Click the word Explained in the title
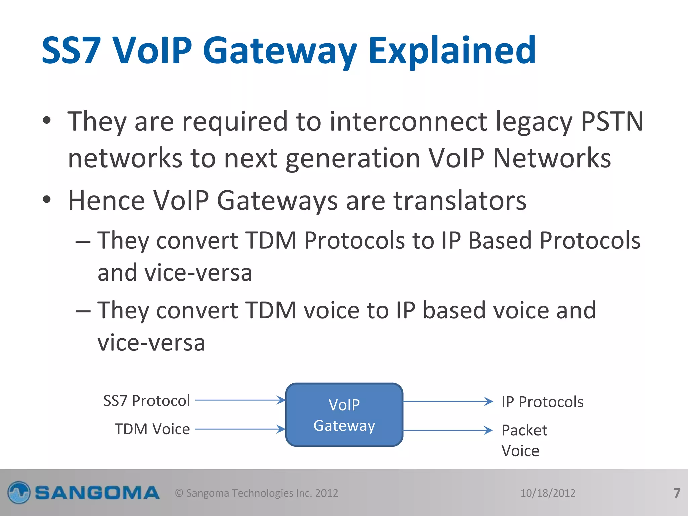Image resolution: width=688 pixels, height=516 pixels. coord(452,51)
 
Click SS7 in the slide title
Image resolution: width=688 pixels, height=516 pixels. coord(71,51)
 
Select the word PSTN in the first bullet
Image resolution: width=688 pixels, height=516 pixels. coord(612,122)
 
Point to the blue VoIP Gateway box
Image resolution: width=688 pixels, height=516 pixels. coord(344,415)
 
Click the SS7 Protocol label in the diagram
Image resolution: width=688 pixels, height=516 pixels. coord(147,401)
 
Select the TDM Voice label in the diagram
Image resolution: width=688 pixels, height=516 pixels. coord(152,429)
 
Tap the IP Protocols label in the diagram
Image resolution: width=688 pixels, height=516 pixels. coord(542,402)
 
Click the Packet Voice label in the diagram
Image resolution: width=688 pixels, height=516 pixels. coord(524,440)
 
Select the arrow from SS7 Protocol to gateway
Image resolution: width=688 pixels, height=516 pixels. coord(240,400)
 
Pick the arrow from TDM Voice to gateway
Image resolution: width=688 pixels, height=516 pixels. coord(240,429)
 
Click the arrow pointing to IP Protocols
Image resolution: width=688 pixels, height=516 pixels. coord(448,401)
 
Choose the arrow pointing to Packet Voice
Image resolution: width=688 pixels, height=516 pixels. coord(448,430)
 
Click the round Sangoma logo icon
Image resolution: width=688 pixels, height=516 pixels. coord(19,493)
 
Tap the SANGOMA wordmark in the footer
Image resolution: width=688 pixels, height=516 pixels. coord(97,493)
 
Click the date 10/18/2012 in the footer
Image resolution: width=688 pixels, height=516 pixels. coord(548,493)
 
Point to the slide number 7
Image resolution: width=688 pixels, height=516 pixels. coord(677,493)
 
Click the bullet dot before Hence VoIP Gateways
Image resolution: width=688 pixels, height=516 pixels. coord(47,200)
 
